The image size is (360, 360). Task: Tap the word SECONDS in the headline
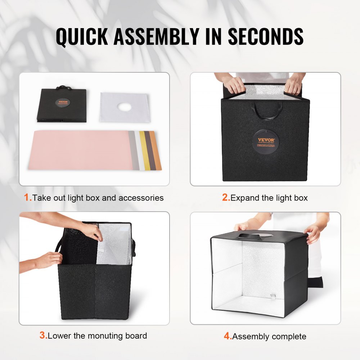[266, 36]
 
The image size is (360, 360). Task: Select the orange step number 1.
[27, 197]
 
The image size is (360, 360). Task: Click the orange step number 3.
[42, 336]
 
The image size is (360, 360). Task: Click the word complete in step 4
[289, 337]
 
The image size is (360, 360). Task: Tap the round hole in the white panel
[123, 107]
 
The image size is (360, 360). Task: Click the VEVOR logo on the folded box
[62, 102]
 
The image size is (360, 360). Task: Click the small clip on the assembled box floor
[273, 296]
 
